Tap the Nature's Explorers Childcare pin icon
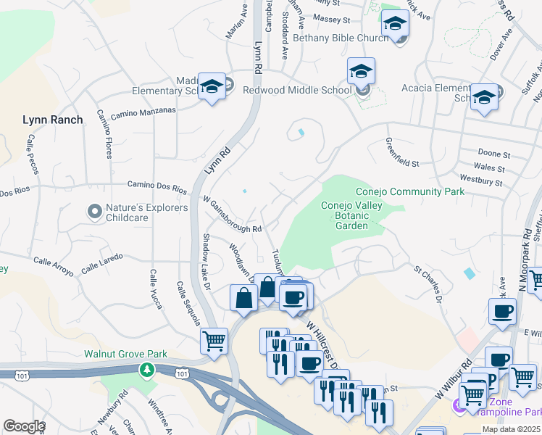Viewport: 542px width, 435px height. tap(94, 212)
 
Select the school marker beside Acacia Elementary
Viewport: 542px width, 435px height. tap(483, 97)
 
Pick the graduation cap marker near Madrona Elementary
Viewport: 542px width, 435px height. tap(212, 87)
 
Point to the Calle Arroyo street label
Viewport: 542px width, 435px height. tap(53, 267)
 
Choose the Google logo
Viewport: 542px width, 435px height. tap(23, 426)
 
